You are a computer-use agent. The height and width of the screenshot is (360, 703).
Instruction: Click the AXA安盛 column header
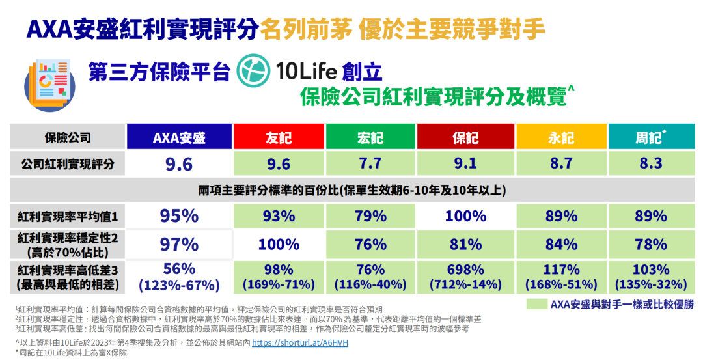click(x=179, y=137)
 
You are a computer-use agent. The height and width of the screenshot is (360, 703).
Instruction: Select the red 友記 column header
click(x=279, y=137)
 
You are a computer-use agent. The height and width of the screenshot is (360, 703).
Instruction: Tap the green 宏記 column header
click(x=370, y=137)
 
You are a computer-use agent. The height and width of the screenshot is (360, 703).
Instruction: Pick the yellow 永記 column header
click(x=561, y=137)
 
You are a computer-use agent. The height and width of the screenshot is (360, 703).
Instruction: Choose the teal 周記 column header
click(x=651, y=137)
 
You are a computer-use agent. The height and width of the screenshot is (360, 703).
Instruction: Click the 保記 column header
click(x=465, y=137)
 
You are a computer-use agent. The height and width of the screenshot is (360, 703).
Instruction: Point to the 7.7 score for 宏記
click(x=370, y=164)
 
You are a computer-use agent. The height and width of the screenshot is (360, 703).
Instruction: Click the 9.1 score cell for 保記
click(x=465, y=164)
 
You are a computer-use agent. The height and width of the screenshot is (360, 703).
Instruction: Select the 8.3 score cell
click(x=651, y=164)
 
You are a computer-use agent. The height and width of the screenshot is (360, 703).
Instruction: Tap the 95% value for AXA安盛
click(x=179, y=216)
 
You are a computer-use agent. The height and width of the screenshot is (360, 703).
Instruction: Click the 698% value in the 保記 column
click(x=465, y=270)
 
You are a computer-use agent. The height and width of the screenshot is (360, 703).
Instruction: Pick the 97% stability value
click(x=179, y=245)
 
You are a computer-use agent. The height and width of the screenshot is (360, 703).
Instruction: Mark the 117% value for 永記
click(x=561, y=270)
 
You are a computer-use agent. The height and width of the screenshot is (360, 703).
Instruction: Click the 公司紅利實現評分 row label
click(x=67, y=164)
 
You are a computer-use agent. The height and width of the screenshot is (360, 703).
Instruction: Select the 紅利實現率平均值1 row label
click(x=67, y=216)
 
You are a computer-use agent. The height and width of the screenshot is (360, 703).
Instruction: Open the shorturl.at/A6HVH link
click(x=300, y=342)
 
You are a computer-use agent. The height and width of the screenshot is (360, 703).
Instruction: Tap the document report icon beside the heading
click(x=49, y=83)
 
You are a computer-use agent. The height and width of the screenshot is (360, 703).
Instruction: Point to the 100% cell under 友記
click(x=279, y=245)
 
